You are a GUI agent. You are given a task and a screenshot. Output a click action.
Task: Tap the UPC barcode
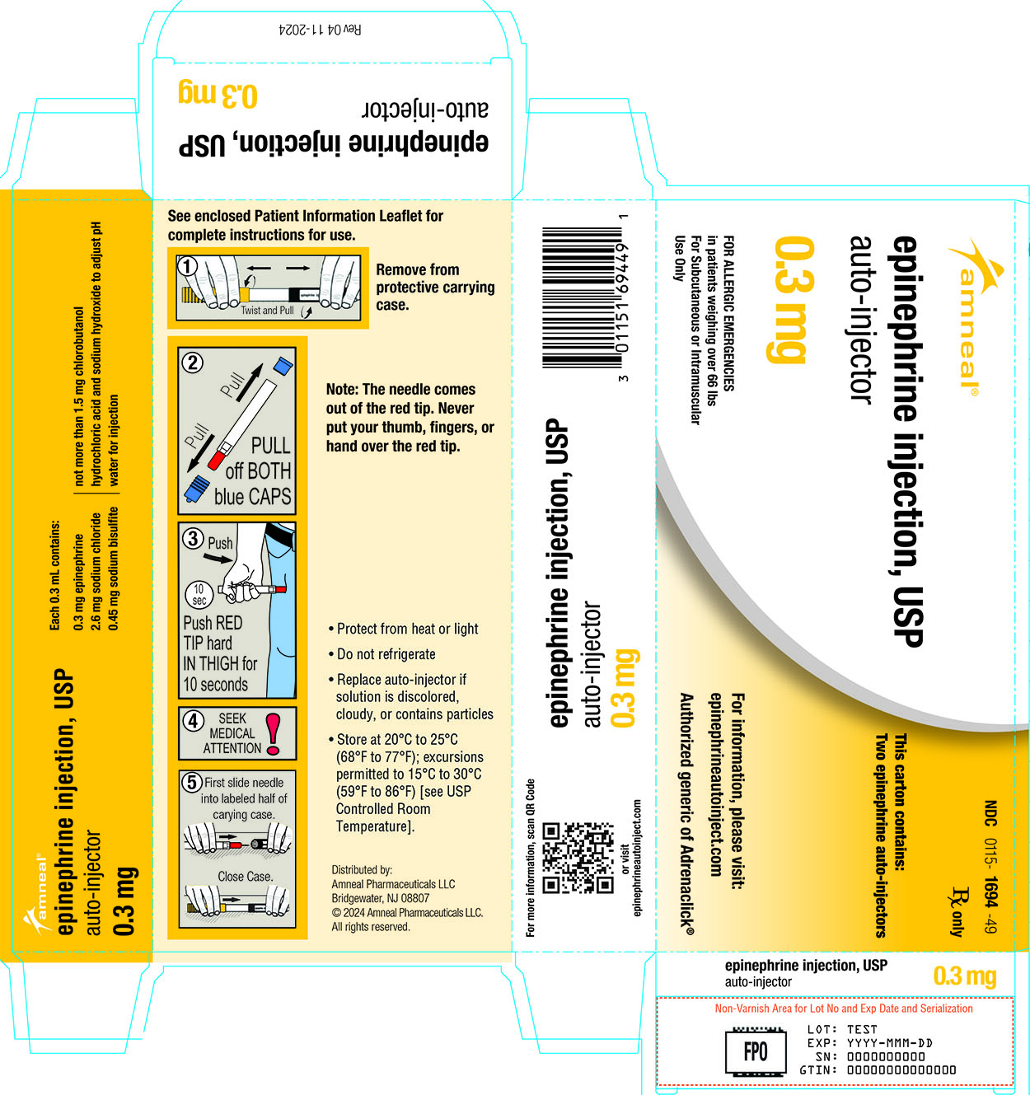point(583,297)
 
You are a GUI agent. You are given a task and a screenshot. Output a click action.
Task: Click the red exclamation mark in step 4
point(273,734)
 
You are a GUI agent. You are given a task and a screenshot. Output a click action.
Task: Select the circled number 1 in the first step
point(187,267)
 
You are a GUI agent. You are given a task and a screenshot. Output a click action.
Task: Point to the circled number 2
point(193,363)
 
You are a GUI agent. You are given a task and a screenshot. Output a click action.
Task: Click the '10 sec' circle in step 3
point(199,594)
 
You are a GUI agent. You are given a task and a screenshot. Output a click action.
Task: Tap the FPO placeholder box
point(756,1051)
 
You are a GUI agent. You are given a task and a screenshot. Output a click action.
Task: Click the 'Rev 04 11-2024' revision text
point(321,29)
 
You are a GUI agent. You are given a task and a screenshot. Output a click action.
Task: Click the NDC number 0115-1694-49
point(990,867)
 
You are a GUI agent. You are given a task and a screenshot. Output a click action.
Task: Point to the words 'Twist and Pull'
point(267,311)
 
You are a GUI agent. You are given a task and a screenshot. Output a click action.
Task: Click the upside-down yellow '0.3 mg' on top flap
point(218,95)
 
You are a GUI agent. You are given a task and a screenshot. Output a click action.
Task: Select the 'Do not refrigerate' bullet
point(382,654)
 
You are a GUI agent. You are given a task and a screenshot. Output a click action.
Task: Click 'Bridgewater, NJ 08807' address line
point(380,898)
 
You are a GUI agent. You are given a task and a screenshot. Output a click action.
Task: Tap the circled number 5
point(191,782)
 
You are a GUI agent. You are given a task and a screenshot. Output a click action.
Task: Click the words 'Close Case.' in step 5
point(245,876)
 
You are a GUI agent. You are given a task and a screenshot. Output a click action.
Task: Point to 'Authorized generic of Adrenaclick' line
point(686,814)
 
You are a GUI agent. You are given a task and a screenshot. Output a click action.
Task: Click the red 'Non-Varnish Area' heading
point(844,1008)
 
